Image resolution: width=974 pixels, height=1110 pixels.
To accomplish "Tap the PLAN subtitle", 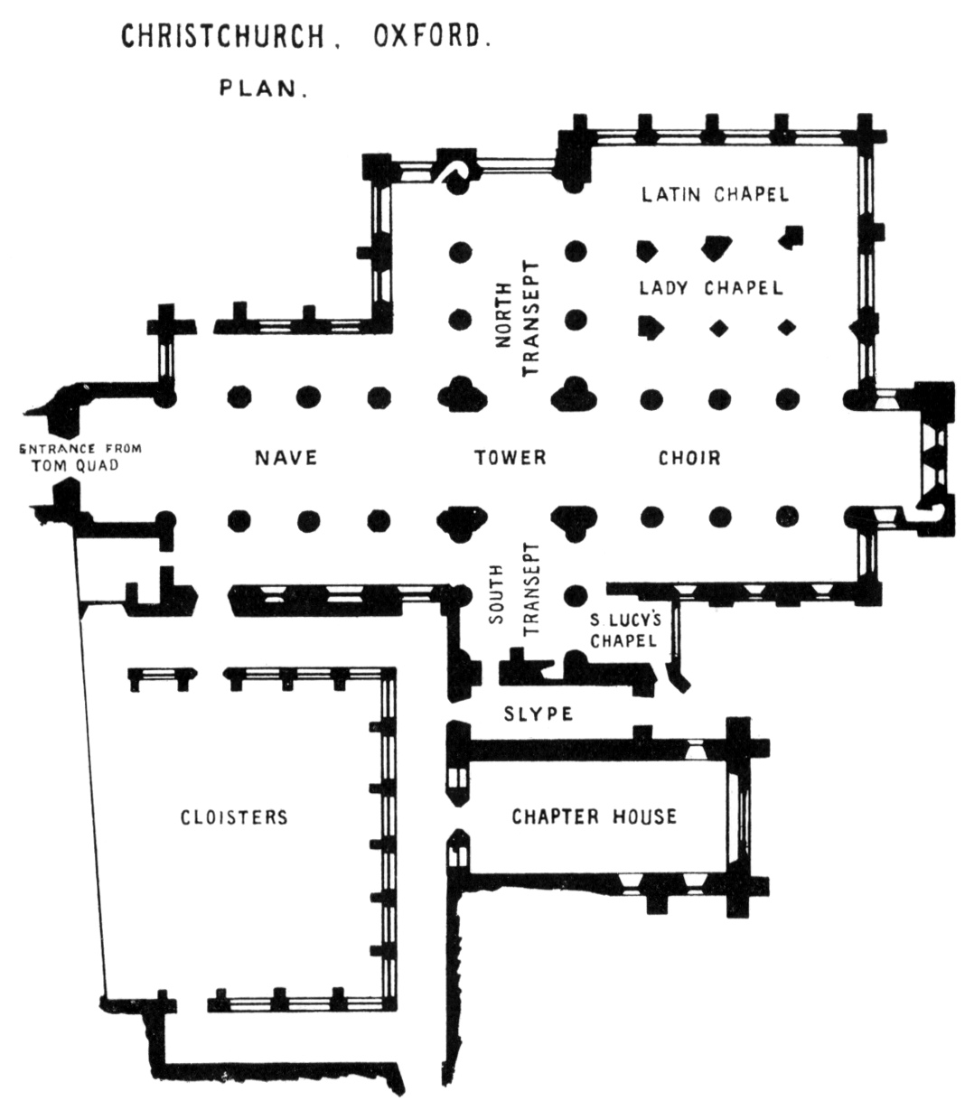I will coord(262,89).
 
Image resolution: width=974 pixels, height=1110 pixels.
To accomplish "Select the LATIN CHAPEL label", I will coord(715,194).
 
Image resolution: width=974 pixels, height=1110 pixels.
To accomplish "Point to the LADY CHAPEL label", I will coord(710,289).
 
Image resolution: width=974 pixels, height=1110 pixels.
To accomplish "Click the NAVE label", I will coord(286,458).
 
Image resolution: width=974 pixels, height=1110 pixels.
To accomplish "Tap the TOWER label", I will coord(510,458).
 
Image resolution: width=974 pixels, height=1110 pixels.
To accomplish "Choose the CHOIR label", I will coord(689,458).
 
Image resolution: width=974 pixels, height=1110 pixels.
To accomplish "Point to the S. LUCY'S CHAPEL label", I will coord(622,630).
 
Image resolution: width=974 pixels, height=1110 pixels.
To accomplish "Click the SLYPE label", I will coord(539,714).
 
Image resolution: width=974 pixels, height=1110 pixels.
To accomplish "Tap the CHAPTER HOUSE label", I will coord(594,816).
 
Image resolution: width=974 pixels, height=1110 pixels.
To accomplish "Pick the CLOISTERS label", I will coord(234,817).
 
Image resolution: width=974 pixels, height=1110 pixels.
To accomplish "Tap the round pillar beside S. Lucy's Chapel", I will coord(573,595).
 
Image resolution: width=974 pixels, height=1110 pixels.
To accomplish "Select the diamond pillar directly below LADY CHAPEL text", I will coord(719,326).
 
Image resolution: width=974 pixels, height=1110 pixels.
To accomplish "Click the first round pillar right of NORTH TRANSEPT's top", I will coord(575,251).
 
